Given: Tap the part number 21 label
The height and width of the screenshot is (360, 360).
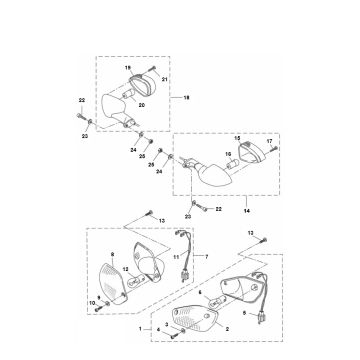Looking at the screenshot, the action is click(165, 77).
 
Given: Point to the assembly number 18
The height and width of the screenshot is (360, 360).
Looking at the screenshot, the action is click(183, 99).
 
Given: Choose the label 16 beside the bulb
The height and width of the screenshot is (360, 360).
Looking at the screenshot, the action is click(230, 158).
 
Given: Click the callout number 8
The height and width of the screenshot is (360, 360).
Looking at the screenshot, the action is click(112, 255).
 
